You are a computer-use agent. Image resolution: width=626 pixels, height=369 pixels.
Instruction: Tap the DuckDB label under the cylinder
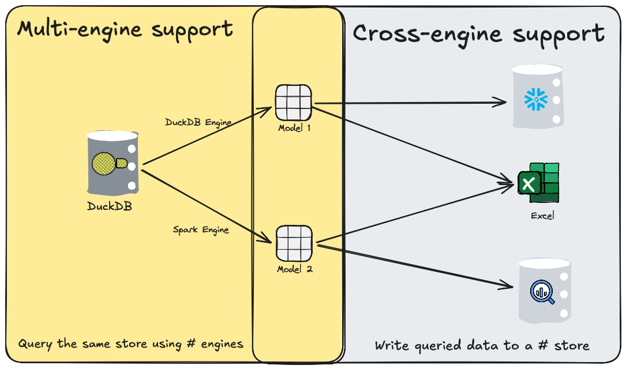click(x=110, y=206)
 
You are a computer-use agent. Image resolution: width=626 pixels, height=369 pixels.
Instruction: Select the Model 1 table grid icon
click(x=293, y=103)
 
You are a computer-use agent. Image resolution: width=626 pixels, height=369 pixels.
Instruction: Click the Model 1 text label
click(x=294, y=128)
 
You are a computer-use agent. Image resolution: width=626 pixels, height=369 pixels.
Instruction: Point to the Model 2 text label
click(x=294, y=269)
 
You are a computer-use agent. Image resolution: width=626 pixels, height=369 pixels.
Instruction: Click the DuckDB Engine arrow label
click(x=198, y=122)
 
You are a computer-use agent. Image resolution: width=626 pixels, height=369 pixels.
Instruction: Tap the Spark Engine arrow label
click(x=201, y=230)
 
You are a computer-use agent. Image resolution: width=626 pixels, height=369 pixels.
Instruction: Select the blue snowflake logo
click(x=535, y=100)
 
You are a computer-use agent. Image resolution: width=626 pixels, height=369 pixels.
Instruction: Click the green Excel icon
click(x=539, y=182)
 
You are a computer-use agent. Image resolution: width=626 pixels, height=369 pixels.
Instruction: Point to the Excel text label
click(x=542, y=216)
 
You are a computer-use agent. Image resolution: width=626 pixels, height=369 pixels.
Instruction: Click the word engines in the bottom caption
click(x=220, y=344)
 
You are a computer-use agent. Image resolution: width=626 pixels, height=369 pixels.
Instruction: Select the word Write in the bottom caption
click(x=393, y=346)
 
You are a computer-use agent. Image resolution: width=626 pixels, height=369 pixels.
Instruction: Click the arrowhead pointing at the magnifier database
click(x=508, y=285)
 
